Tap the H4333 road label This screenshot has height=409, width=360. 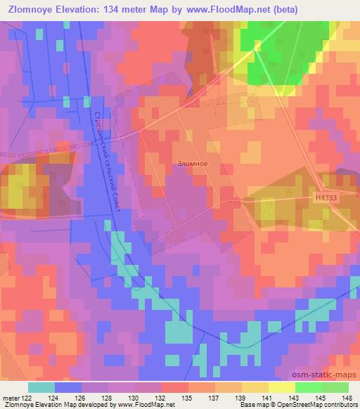pos(326,199)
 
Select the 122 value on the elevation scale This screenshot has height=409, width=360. pos(24,398)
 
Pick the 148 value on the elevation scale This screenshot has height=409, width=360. pos(348,398)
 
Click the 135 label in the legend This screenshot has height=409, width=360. pos(188,398)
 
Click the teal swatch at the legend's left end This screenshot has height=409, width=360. pos(41,387)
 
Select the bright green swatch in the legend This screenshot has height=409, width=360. pos(309,387)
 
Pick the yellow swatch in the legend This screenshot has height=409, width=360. pos(282,387)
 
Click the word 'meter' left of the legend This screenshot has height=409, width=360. pos(10,398)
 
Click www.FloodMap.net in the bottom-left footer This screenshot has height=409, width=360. pos(146,405)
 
